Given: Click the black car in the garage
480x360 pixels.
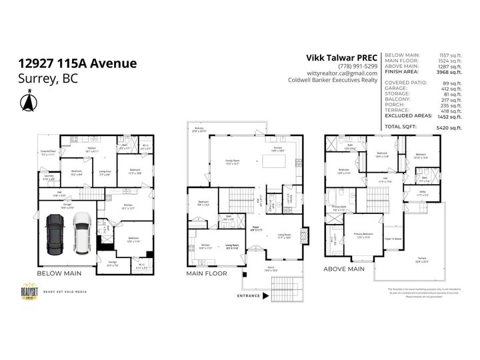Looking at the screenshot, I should (54, 235).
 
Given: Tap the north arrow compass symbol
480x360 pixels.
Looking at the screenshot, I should (28, 101).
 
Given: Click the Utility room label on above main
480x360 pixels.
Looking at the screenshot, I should (423, 193).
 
